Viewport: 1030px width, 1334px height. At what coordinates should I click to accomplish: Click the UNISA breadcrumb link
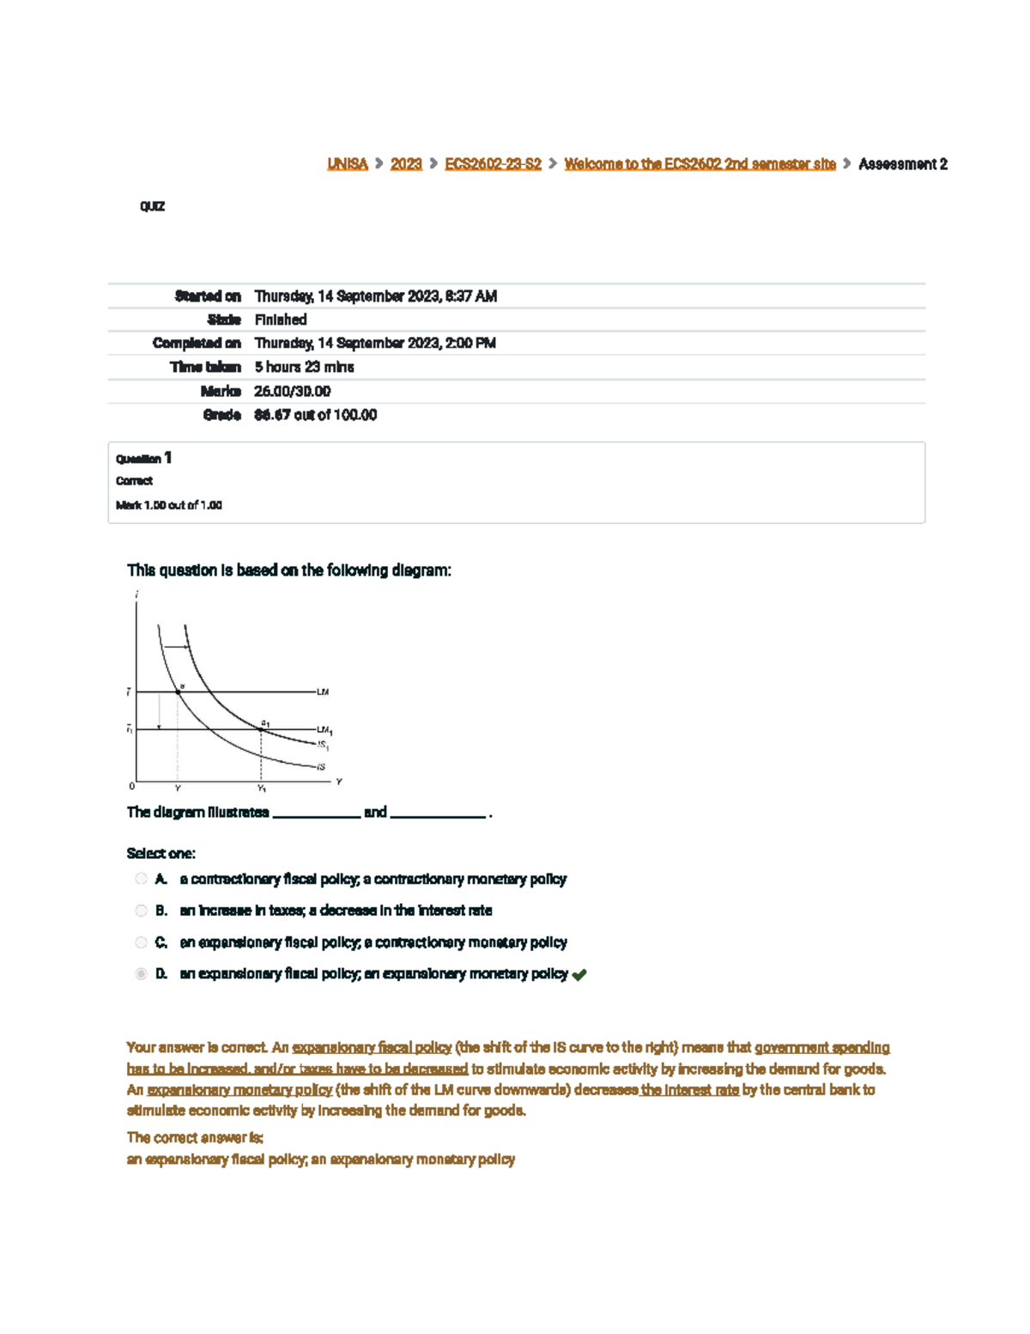(x=347, y=164)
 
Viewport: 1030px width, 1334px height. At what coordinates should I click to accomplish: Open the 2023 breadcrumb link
(x=406, y=164)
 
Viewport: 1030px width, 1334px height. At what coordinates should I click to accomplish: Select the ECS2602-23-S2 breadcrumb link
(x=493, y=164)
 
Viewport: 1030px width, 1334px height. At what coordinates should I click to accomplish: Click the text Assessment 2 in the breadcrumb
(x=902, y=164)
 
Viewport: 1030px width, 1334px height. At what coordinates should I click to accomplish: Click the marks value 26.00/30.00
(x=292, y=391)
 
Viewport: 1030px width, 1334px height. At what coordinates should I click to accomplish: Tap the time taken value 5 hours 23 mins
(x=304, y=367)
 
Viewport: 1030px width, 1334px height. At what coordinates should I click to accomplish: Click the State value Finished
(x=281, y=320)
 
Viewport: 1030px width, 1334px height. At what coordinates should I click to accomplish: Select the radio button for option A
(x=141, y=879)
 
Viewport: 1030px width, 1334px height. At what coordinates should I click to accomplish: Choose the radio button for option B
(x=141, y=911)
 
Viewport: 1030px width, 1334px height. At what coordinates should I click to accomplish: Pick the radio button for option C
(x=141, y=942)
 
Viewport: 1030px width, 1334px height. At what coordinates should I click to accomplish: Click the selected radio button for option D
(x=141, y=974)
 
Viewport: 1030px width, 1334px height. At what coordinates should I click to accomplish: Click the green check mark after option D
(x=579, y=975)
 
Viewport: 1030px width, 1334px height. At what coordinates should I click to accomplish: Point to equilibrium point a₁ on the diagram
(x=262, y=729)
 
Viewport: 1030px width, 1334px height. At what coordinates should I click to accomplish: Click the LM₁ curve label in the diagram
(x=324, y=731)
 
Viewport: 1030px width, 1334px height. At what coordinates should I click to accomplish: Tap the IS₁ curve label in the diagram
(x=324, y=746)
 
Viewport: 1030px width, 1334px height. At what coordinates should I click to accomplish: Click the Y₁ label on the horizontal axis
(x=262, y=789)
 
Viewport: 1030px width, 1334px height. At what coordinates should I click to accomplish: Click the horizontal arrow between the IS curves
(x=176, y=647)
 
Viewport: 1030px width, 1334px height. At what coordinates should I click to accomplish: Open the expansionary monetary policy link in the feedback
(x=239, y=1090)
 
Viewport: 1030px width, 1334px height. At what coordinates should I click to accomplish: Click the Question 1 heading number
(x=168, y=458)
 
